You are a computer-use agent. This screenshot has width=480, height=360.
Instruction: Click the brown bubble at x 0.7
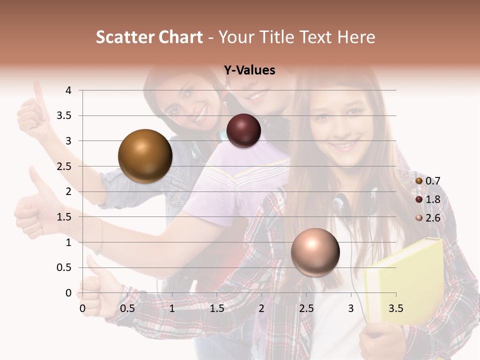(x=145, y=156)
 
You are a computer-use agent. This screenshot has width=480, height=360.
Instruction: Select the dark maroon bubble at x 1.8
(x=243, y=131)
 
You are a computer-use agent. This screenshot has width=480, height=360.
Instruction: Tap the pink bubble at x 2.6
(x=315, y=252)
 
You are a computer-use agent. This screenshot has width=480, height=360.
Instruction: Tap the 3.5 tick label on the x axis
(x=395, y=308)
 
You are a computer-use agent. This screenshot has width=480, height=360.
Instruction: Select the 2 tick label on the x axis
(x=261, y=308)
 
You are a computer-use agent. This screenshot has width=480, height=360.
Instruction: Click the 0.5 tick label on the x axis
(x=127, y=308)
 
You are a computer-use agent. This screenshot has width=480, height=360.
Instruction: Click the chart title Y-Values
(x=249, y=70)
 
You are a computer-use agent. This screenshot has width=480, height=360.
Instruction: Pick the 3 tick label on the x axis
(x=351, y=308)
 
